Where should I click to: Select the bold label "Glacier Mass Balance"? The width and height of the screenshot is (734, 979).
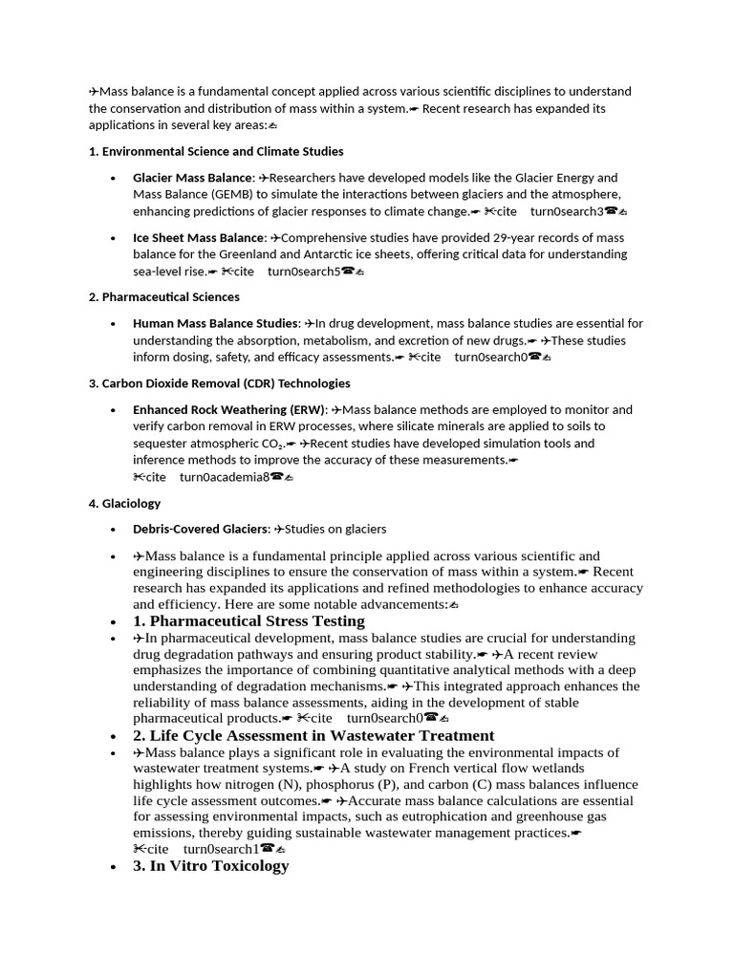coord(192,178)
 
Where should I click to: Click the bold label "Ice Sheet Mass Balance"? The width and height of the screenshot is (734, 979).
coord(198,237)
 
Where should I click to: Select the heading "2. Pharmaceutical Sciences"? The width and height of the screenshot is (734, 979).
coord(164,296)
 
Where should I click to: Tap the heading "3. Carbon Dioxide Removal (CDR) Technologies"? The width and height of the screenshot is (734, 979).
coord(220,382)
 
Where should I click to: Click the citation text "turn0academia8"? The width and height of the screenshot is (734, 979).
coord(225,476)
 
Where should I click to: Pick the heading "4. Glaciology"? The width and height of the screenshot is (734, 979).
coord(125,503)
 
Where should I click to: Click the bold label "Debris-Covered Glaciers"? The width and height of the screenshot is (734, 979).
coord(200,529)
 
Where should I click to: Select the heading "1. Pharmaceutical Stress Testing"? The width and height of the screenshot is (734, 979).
coord(248,621)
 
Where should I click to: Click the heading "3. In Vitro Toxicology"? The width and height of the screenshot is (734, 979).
coord(210,865)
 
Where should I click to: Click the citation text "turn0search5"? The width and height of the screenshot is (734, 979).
coord(304,271)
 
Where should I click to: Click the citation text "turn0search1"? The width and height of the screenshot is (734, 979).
coord(221,848)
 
